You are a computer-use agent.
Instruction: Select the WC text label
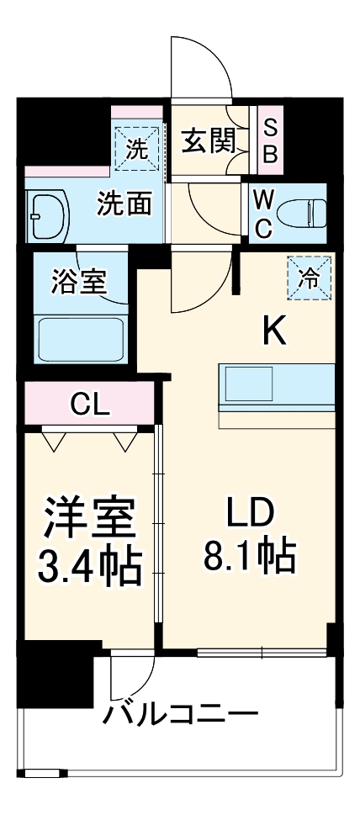[x=262, y=213]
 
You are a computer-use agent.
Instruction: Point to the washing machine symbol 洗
[x=136, y=148]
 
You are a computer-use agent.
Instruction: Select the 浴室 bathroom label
[x=79, y=281]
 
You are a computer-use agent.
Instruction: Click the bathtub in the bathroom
[x=82, y=337]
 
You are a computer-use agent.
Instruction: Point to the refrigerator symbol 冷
[x=310, y=278]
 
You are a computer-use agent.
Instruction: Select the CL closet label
[x=89, y=405]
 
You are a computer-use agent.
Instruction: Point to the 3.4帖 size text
[x=88, y=567]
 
